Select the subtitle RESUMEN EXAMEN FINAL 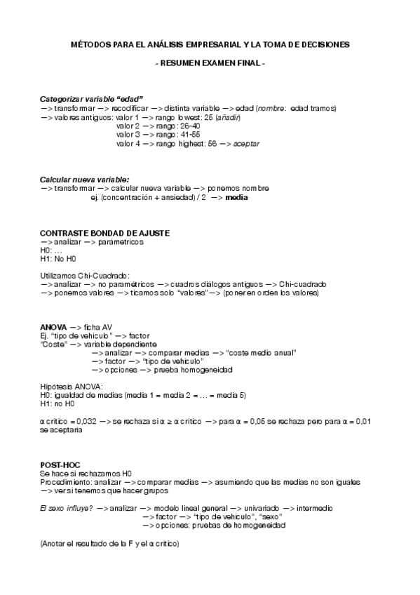pyautogui.click(x=210, y=64)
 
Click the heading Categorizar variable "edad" pyautogui.click(x=92, y=100)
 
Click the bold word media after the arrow pyautogui.click(x=236, y=197)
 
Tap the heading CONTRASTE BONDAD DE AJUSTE pyautogui.click(x=104, y=233)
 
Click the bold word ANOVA pyautogui.click(x=53, y=327)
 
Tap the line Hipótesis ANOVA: pyautogui.click(x=72, y=387)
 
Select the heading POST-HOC pyautogui.click(x=59, y=465)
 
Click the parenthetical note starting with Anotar pyautogui.click(x=109, y=544)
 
